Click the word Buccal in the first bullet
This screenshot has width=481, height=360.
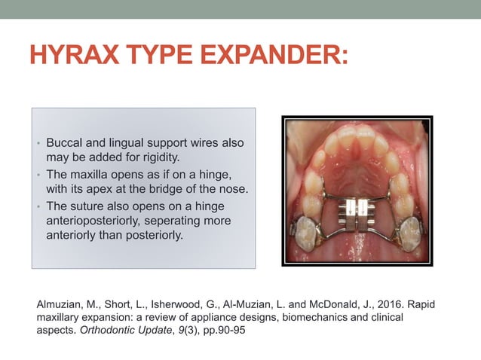tap(65, 142)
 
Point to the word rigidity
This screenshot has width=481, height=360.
tap(158, 157)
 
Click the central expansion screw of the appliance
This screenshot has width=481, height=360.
tap(357, 209)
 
